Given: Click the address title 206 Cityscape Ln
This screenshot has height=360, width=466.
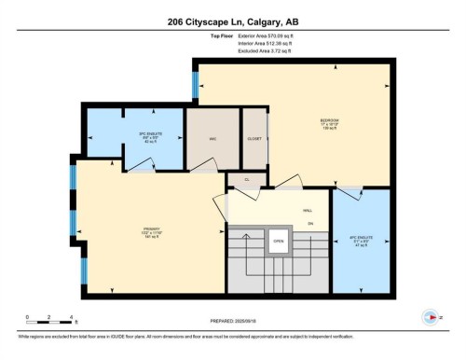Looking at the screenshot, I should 232,21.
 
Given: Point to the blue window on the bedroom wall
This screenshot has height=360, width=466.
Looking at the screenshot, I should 195,87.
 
